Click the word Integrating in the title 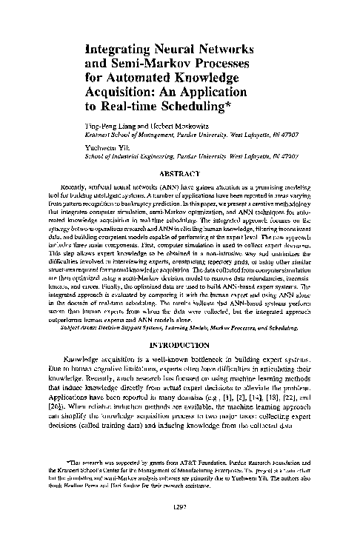pos(120,51)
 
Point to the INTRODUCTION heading pos(181,346)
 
